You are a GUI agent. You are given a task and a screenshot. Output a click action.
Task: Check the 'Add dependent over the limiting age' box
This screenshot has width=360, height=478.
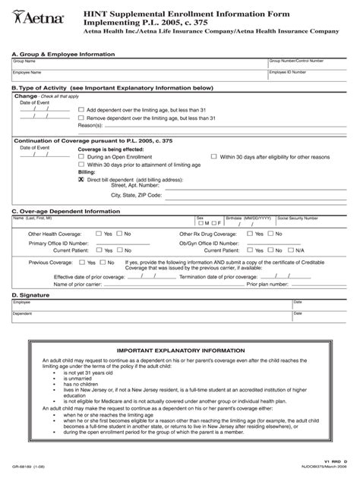(x=81, y=109)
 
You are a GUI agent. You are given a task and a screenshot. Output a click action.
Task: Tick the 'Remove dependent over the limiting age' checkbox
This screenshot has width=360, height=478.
(x=81, y=118)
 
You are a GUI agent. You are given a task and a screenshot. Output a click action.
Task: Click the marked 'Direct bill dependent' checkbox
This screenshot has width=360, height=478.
(x=81, y=178)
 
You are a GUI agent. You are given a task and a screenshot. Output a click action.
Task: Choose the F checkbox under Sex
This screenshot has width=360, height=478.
(x=214, y=223)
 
